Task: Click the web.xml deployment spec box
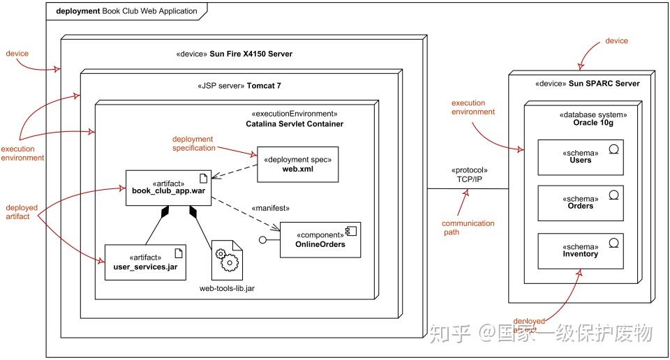click(x=298, y=164)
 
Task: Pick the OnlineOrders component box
click(x=320, y=239)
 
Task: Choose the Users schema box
click(x=580, y=156)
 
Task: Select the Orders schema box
click(x=580, y=202)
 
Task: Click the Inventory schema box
click(x=580, y=250)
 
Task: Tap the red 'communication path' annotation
click(x=468, y=228)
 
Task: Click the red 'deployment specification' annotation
click(x=193, y=144)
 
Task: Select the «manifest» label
click(x=270, y=208)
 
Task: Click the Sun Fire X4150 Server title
click(x=234, y=54)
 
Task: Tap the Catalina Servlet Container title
click(x=295, y=123)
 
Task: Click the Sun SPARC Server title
click(x=587, y=84)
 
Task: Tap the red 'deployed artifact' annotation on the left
click(x=22, y=212)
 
